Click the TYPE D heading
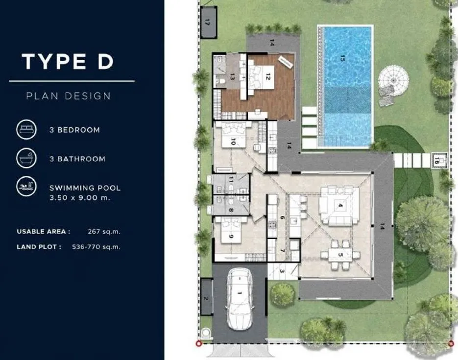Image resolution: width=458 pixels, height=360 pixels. pos(68,61)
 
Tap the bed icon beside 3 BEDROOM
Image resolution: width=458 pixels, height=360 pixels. pos(26,129)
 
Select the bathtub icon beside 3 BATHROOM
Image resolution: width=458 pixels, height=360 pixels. pos(26,158)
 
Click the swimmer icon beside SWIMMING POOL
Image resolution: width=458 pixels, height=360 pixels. pos(26,186)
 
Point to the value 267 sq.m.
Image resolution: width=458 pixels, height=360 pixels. pos(104,232)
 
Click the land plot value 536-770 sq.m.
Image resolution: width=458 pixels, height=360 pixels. pos(96,247)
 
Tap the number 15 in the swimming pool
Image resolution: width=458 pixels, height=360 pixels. pos(342,58)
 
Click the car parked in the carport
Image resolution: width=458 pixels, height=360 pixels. pos(240,299)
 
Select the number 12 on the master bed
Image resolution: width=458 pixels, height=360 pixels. pos(268,76)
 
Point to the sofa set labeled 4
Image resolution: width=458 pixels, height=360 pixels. pos(339,206)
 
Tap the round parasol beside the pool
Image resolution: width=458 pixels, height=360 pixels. pos(393,80)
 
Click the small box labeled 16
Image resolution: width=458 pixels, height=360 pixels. pos(439,160)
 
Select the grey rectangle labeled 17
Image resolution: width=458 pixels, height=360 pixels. pos(209,22)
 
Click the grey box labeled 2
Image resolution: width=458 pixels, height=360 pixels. pos(207,297)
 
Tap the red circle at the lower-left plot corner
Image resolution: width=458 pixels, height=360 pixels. pos(198,344)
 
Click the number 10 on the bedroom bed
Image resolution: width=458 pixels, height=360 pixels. pos(233,142)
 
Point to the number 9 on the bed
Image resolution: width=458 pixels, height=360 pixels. pos(231,236)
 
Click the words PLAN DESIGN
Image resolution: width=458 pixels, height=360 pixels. pos(69,96)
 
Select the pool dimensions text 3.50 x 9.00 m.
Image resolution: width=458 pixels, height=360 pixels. pos(80,198)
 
